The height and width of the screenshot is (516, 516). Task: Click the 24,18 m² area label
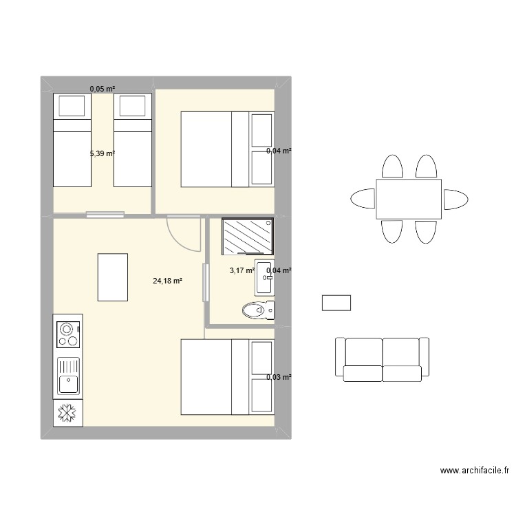click(x=168, y=281)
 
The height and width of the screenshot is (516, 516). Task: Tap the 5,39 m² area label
click(x=102, y=153)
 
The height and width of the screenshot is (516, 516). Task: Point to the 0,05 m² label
click(x=102, y=88)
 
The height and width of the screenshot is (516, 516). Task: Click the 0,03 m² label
click(x=279, y=377)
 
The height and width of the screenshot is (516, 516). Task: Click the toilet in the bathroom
click(x=258, y=311)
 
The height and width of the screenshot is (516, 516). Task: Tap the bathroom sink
click(x=264, y=278)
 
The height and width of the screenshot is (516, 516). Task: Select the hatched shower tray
click(x=247, y=237)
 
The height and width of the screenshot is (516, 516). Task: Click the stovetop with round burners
click(x=68, y=334)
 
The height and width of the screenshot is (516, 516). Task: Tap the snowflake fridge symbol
click(x=68, y=413)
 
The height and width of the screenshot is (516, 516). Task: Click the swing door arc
click(x=186, y=233)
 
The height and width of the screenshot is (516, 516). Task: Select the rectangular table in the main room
click(x=113, y=277)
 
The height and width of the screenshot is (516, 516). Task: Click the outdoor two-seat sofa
click(x=382, y=359)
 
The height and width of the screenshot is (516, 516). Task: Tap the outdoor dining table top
click(x=409, y=199)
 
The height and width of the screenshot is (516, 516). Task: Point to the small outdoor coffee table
click(x=336, y=302)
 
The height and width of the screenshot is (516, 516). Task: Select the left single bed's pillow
click(x=72, y=106)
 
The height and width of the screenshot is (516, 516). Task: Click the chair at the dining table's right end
click(x=455, y=200)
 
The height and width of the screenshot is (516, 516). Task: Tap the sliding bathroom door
click(x=204, y=282)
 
